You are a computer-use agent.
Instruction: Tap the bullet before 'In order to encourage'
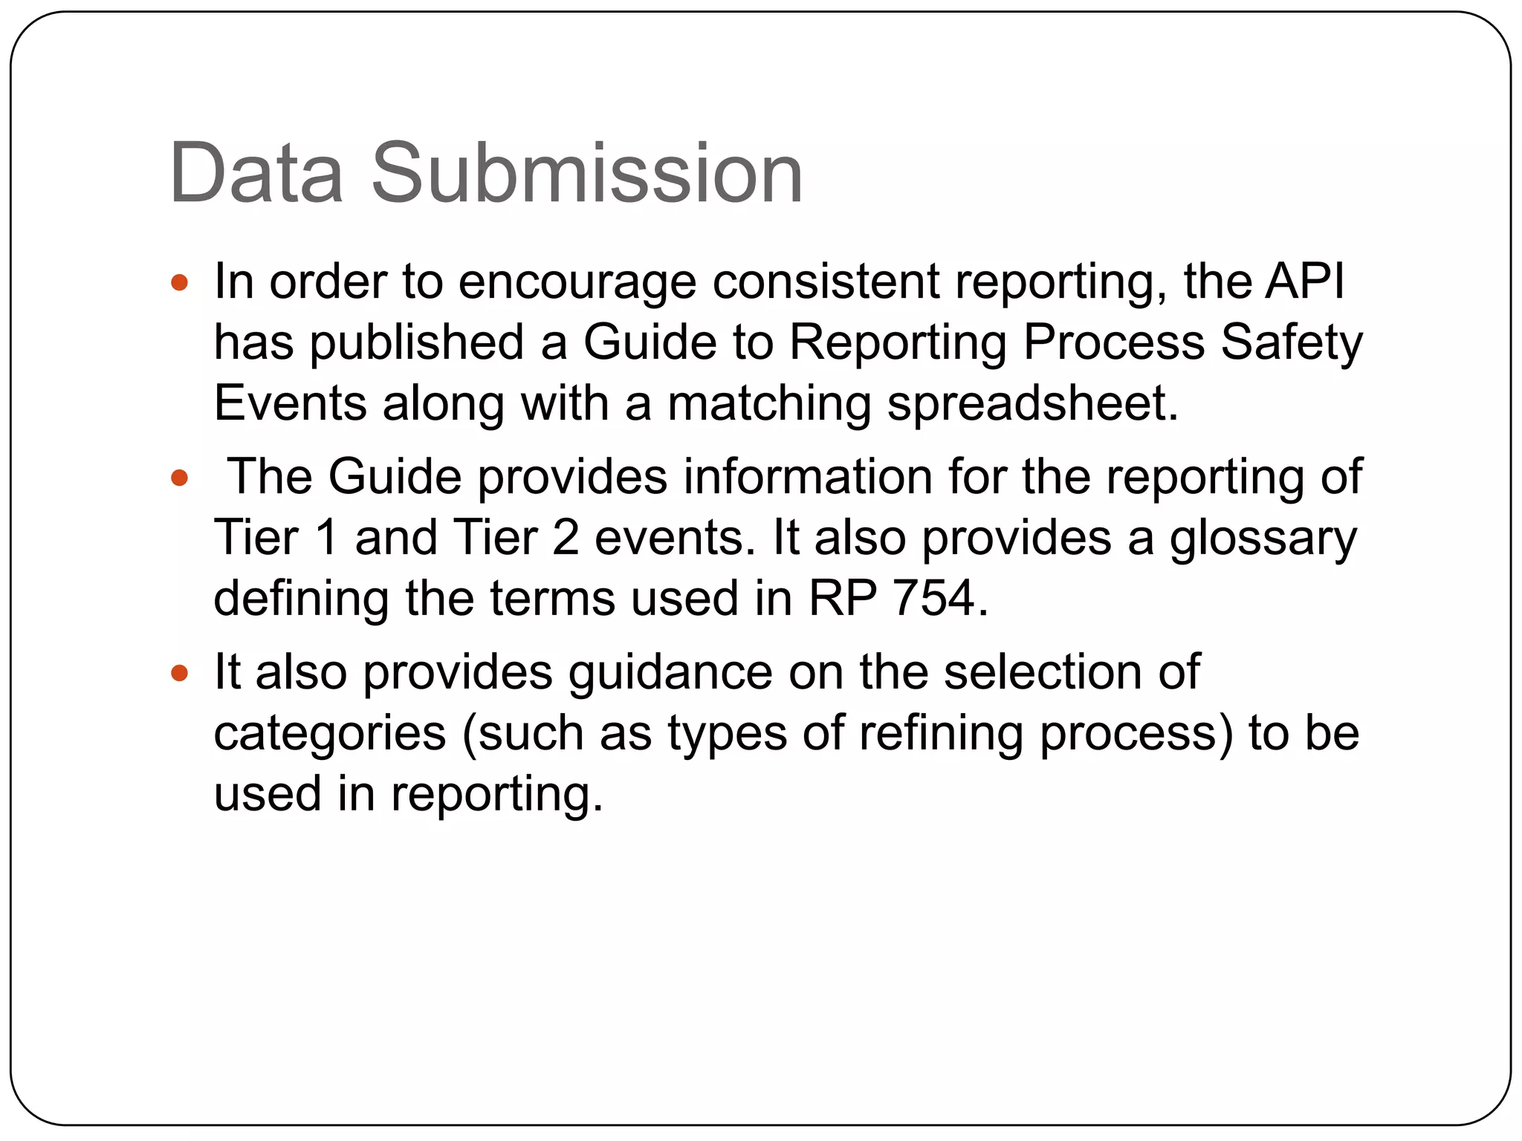click(x=179, y=282)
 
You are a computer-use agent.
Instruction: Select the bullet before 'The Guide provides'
click(x=179, y=477)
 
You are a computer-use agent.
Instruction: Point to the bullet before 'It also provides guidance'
click(x=179, y=673)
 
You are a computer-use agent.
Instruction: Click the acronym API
click(x=1306, y=282)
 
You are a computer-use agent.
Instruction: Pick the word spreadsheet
click(x=1032, y=404)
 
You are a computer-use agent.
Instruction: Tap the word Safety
click(x=1292, y=343)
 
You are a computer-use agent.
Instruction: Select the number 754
click(x=934, y=599)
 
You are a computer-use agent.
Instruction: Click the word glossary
click(x=1263, y=539)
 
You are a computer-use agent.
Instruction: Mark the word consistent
click(x=826, y=282)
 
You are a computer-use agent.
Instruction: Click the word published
click(x=417, y=343)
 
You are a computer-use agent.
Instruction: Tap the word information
click(x=808, y=477)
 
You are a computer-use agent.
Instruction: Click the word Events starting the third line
click(x=290, y=404)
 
